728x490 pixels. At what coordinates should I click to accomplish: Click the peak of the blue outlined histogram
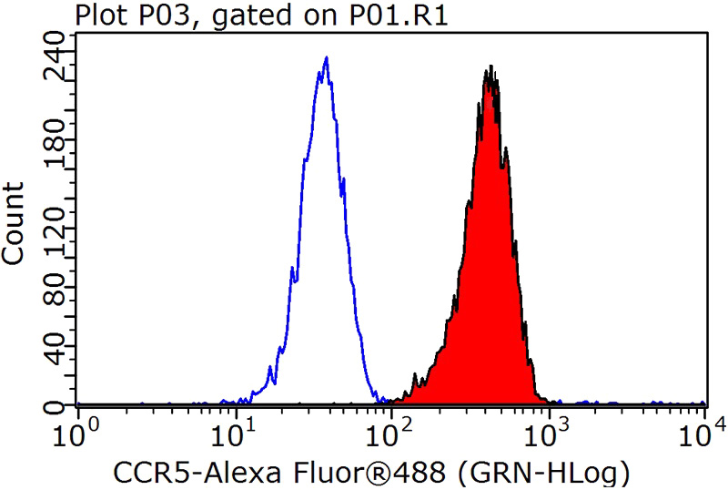pos(325,57)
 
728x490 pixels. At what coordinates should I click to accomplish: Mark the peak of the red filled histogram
pos(490,67)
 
